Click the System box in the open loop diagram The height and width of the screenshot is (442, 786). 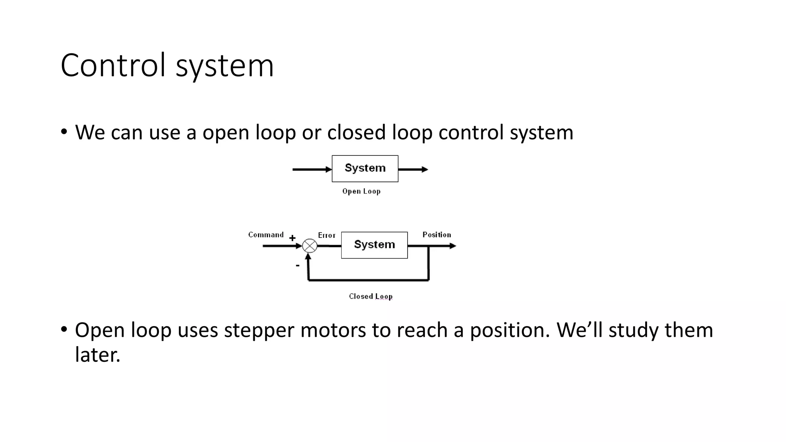365,168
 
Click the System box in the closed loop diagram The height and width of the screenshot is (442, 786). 374,245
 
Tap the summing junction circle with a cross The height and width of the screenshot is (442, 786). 310,246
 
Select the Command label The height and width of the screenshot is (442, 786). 266,235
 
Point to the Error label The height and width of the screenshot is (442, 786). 327,236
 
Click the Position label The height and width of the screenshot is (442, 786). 436,235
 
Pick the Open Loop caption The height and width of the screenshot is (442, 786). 361,191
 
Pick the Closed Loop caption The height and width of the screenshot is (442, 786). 370,297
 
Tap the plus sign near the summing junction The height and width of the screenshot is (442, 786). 292,238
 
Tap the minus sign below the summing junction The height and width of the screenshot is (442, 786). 297,265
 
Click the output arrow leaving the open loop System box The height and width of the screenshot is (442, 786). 413,169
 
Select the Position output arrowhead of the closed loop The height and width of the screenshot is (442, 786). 453,246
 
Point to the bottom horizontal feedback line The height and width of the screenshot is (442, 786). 368,280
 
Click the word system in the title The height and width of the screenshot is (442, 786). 225,66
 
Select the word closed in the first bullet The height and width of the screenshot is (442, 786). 356,132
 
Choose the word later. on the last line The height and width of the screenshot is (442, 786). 97,355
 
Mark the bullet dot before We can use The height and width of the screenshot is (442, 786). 64,132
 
